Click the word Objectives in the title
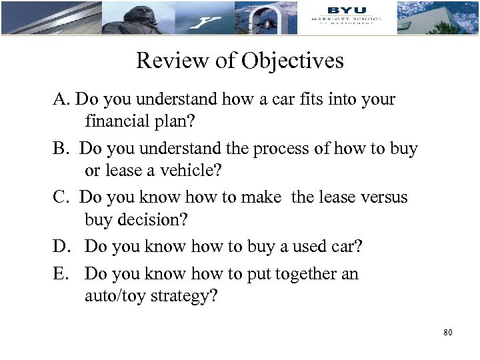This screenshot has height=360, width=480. (293, 61)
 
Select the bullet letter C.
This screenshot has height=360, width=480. (61, 198)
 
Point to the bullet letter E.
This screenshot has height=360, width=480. (61, 275)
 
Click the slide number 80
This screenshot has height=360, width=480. (447, 332)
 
